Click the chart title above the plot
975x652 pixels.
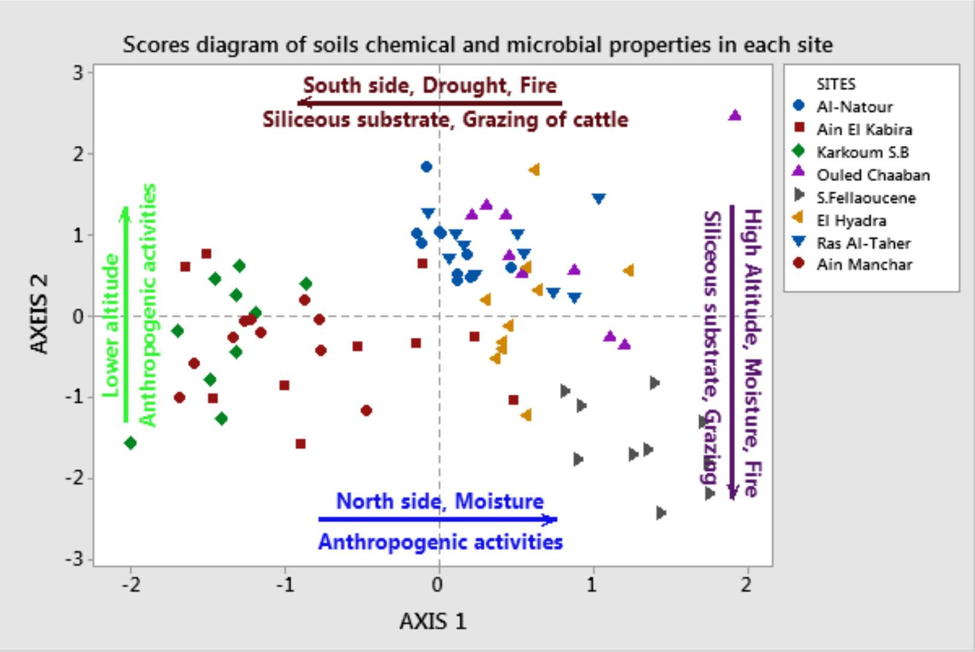click(x=477, y=45)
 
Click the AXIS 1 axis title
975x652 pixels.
click(x=432, y=622)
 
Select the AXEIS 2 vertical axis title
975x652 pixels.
click(x=39, y=314)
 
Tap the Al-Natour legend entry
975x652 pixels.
click(x=854, y=107)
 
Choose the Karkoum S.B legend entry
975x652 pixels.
click(x=862, y=152)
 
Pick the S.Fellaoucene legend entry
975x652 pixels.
click(x=866, y=198)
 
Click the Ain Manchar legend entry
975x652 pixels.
click(x=864, y=264)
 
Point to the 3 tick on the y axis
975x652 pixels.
click(x=77, y=73)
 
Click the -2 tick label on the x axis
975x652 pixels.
click(x=131, y=585)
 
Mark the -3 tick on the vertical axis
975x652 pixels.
click(x=74, y=560)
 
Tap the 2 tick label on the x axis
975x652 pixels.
click(x=745, y=585)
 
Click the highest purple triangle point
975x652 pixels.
click(x=735, y=115)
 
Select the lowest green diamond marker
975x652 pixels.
click(x=130, y=443)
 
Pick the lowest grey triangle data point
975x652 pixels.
click(x=661, y=513)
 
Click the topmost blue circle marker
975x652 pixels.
click(x=426, y=167)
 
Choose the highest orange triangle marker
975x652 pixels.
click(x=534, y=170)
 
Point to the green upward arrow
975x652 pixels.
click(x=126, y=314)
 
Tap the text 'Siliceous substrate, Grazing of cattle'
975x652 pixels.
click(x=446, y=120)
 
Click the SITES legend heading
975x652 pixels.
click(x=836, y=84)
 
